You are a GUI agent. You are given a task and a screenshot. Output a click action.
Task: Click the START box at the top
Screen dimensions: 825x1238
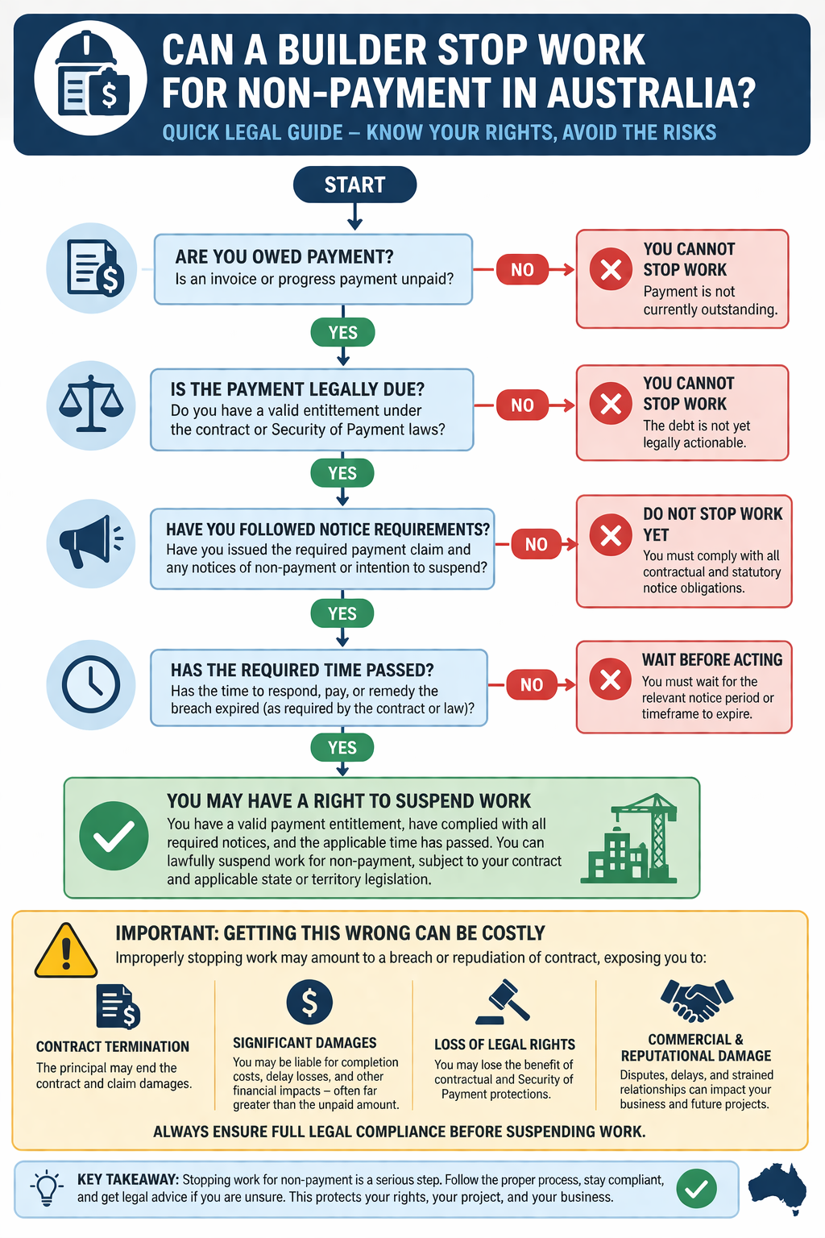(x=354, y=185)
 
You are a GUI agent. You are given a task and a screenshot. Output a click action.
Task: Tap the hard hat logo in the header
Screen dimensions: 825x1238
(x=90, y=78)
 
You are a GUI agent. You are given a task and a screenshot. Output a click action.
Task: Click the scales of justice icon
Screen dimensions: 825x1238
(x=91, y=404)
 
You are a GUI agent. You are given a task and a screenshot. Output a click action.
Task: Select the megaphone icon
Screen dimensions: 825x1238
(x=91, y=542)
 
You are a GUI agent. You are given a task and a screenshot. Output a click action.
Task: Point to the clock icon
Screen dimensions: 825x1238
(x=91, y=685)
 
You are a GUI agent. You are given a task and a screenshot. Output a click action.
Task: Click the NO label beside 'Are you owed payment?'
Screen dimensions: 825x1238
(x=522, y=270)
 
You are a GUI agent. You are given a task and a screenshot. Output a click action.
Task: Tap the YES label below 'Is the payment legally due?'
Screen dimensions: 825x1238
(x=342, y=473)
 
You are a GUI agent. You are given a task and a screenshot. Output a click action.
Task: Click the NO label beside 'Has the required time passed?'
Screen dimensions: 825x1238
(x=532, y=685)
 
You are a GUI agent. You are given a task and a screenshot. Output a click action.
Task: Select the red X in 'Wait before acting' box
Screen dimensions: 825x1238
(x=611, y=679)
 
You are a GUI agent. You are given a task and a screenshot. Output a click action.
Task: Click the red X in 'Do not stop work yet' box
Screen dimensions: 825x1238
(x=611, y=535)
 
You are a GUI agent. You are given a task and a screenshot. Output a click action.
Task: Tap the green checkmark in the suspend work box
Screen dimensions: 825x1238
(x=114, y=836)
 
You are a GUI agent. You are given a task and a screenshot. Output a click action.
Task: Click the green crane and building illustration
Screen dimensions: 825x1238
(x=629, y=838)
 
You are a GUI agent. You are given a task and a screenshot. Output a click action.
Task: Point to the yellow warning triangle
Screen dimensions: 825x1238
(x=66, y=950)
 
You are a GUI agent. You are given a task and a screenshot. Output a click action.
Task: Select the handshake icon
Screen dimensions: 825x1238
(x=697, y=1000)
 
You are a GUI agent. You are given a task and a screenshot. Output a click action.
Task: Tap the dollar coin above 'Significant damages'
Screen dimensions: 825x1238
(x=309, y=1002)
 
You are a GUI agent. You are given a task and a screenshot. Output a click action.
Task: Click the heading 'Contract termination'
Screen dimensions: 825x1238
(x=113, y=1047)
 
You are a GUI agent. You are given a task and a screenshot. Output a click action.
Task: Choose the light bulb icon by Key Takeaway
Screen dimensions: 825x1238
(x=47, y=1188)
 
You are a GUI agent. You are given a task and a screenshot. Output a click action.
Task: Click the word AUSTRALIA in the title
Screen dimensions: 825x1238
(x=651, y=93)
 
